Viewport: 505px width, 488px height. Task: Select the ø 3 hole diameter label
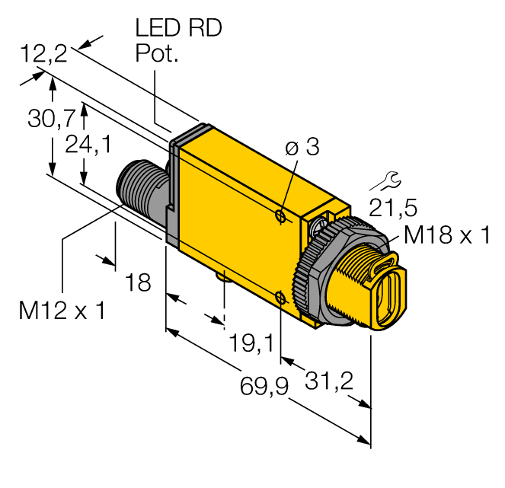(x=302, y=148)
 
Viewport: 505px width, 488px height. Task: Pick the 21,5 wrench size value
(x=392, y=207)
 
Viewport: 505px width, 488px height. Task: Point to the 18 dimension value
(x=138, y=283)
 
